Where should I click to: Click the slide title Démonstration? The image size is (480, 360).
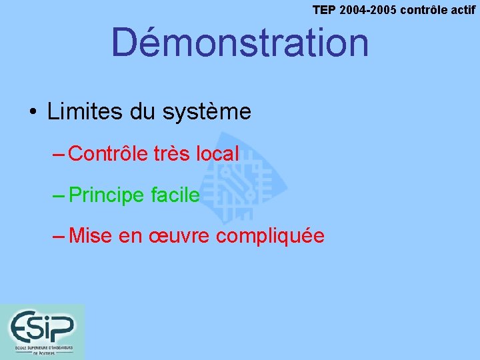239,42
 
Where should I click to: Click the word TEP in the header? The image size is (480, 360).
325,10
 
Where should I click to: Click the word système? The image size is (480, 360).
206,112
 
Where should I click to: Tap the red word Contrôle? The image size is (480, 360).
107,154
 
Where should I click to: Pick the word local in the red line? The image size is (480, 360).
217,154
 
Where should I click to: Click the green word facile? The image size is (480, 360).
175,195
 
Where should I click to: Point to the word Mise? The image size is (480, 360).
91,236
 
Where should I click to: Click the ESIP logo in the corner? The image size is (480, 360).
42,331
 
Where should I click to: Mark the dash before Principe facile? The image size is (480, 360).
58,195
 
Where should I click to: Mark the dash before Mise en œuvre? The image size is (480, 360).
58,236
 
